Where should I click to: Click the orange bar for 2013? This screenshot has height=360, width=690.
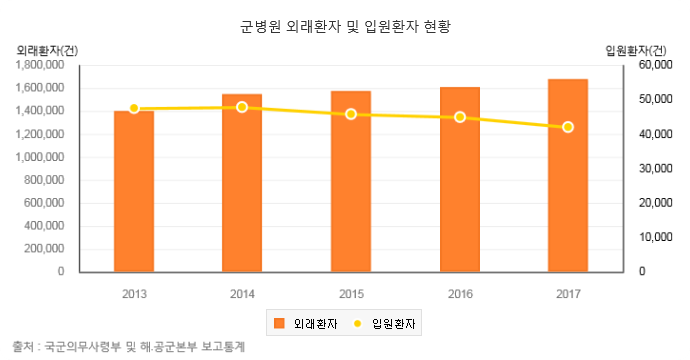tap(134, 191)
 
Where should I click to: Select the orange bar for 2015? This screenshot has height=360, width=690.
tap(351, 181)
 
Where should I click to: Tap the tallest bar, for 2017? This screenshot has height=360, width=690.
tap(568, 176)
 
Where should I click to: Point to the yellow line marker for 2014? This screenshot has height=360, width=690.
tap(242, 107)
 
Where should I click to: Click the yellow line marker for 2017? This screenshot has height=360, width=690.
tap(568, 127)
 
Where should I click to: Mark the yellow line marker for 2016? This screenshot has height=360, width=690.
tap(460, 117)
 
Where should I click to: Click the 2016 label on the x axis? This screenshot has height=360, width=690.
tap(460, 294)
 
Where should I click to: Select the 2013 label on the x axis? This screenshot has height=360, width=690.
tap(134, 294)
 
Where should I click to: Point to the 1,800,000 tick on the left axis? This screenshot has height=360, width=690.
tap(40, 65)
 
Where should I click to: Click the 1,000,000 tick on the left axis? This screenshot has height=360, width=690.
tap(40, 157)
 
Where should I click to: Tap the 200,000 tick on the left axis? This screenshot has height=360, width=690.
tap(44, 249)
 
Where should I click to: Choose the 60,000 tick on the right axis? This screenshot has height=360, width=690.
tap(656, 65)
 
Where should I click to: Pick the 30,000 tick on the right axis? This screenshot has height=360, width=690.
tap(656, 168)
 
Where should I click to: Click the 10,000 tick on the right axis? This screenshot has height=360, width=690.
tap(656, 237)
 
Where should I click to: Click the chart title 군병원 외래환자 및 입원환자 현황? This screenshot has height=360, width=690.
tap(345, 26)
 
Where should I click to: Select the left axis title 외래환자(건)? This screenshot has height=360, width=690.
tap(47, 51)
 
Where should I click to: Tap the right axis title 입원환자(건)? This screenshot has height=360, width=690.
tap(636, 51)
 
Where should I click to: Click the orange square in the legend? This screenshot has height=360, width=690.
tap(279, 323)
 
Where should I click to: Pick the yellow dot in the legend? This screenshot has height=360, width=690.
tap(357, 323)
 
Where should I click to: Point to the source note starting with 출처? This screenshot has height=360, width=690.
tap(128, 347)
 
